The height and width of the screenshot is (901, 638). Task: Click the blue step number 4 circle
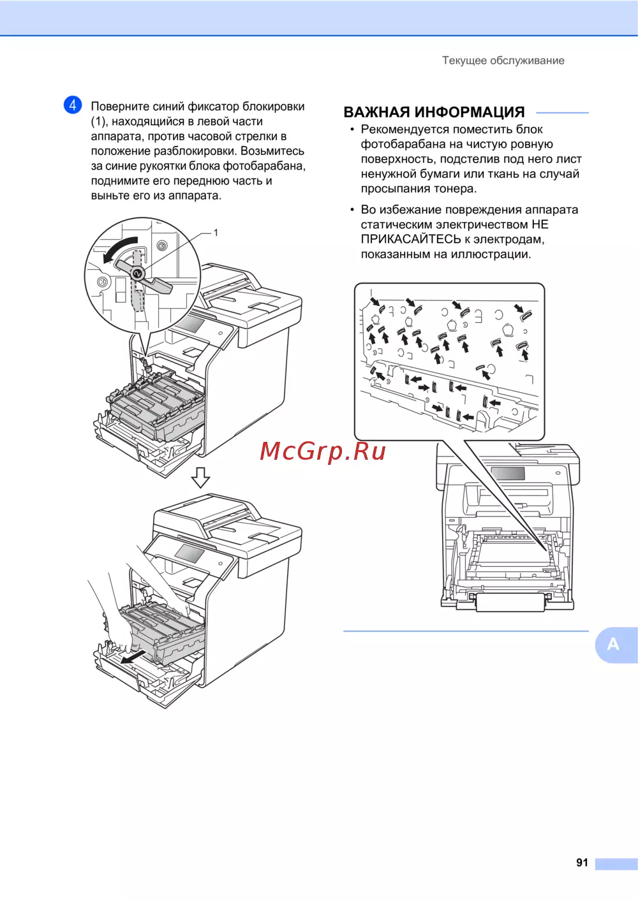click(x=73, y=105)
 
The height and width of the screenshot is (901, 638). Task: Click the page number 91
click(x=582, y=862)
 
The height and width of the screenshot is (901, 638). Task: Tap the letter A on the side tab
click(x=613, y=644)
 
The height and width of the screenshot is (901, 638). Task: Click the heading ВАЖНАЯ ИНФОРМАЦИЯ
click(x=434, y=112)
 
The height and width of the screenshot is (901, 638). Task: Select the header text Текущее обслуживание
click(x=503, y=61)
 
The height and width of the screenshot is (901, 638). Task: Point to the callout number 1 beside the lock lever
click(x=216, y=233)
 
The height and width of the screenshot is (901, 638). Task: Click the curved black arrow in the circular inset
click(x=119, y=249)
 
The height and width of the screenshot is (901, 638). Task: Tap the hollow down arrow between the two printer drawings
click(x=200, y=478)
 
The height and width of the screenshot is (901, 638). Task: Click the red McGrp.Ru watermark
click(x=323, y=451)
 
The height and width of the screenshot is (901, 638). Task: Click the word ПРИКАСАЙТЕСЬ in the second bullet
click(x=411, y=239)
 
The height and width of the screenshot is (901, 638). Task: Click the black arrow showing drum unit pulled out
click(x=133, y=657)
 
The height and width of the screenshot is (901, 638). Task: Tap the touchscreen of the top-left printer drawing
click(x=190, y=325)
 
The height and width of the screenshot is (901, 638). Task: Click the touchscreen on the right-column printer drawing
click(x=508, y=473)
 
